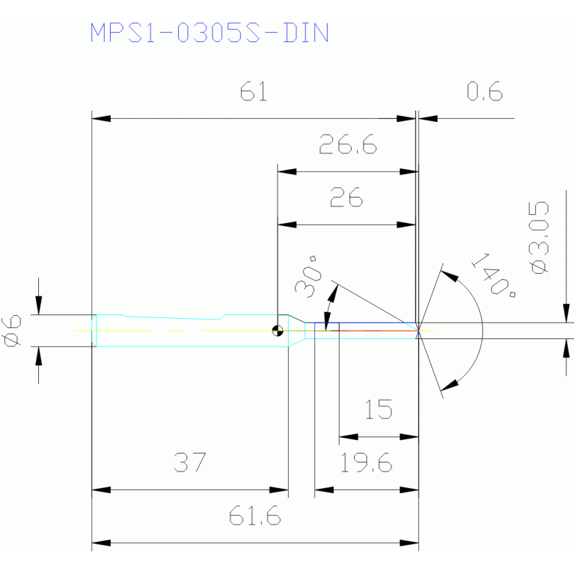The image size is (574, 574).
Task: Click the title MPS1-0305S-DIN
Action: coord(210,33)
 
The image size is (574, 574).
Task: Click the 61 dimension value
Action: coord(253,91)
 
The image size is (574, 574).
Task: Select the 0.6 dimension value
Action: coord(485,91)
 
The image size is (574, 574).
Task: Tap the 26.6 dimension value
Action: coord(348,144)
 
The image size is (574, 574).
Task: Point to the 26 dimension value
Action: coord(346,197)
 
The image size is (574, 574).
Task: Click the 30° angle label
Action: coord(308,277)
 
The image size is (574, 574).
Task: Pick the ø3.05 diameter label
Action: coord(539,237)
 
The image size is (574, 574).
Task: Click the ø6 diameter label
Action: coord(11,331)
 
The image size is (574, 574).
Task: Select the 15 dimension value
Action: coord(379,409)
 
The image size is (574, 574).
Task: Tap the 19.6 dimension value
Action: coord(366,462)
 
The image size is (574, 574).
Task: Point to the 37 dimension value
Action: coord(190,462)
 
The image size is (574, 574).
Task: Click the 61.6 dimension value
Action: coord(254,516)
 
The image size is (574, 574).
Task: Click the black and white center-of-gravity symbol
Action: coord(278,331)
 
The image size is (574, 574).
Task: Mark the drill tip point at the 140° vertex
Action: coord(418,331)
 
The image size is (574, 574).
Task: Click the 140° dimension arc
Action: coord(483,331)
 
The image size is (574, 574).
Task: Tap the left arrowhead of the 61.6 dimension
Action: coord(101,543)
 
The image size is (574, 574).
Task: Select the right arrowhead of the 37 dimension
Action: coord(279,489)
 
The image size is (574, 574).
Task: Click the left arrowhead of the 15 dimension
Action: coord(349,437)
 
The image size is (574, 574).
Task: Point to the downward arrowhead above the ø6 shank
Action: coord(38,305)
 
